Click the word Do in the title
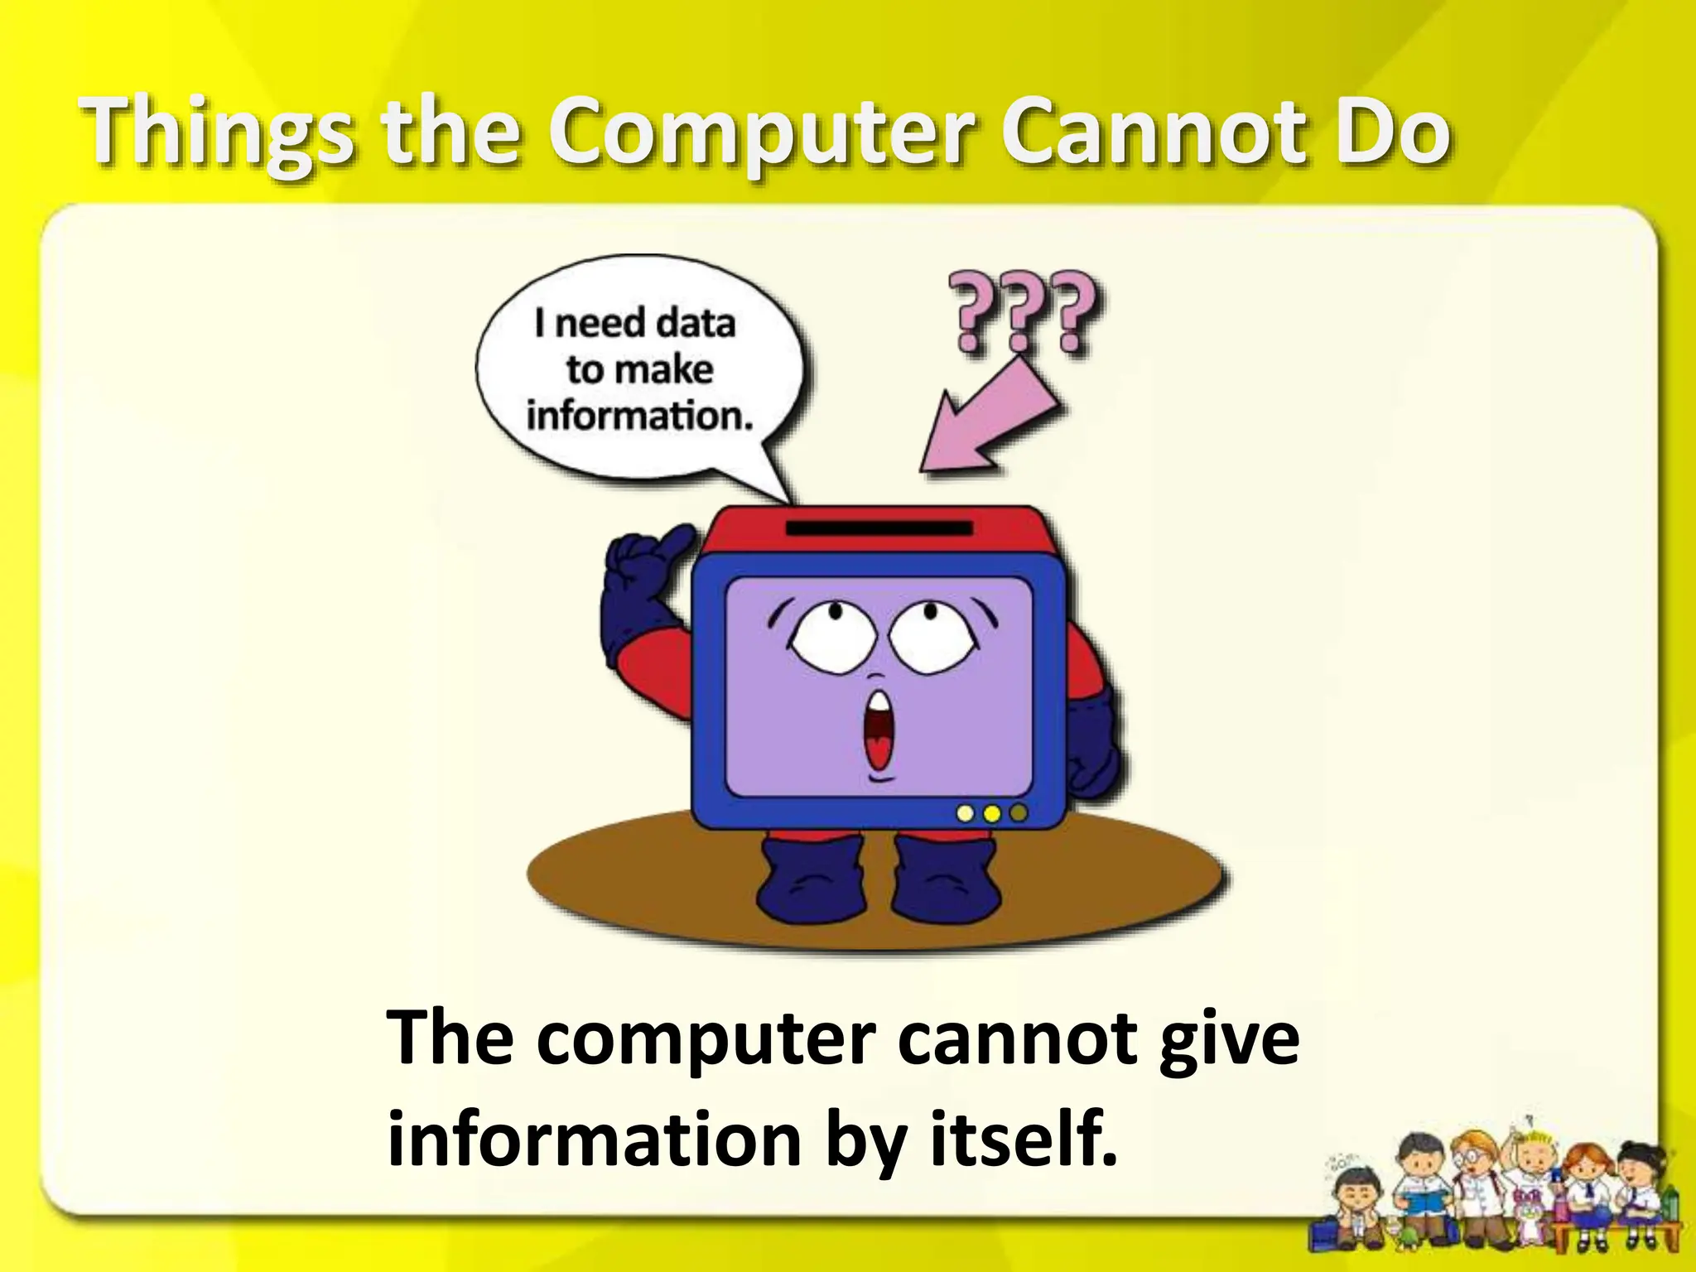point(1391,132)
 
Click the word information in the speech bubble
point(639,416)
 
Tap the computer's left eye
point(824,638)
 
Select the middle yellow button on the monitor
point(991,814)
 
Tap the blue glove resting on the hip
point(1093,745)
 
